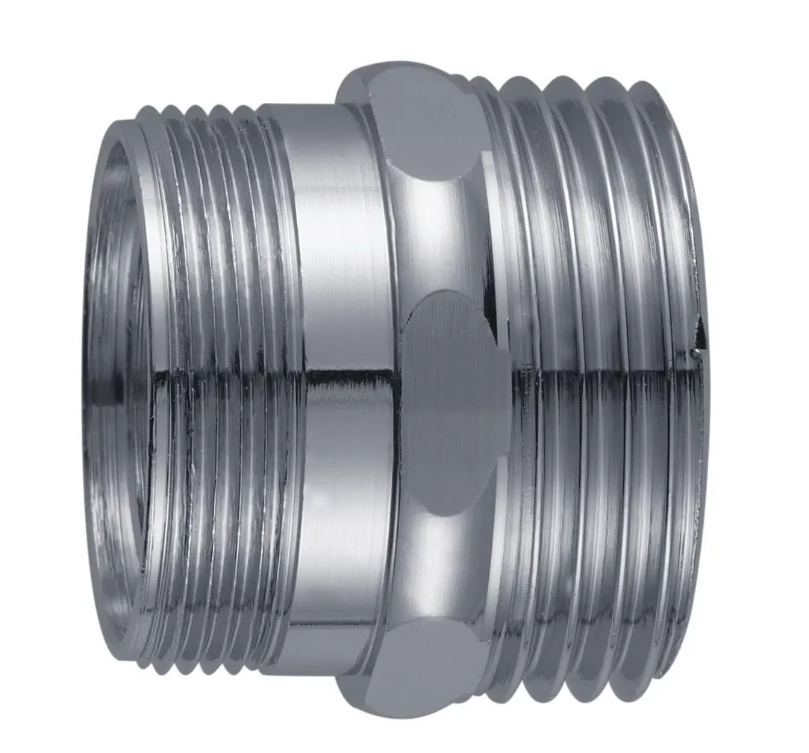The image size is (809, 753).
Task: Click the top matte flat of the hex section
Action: (422, 119)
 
